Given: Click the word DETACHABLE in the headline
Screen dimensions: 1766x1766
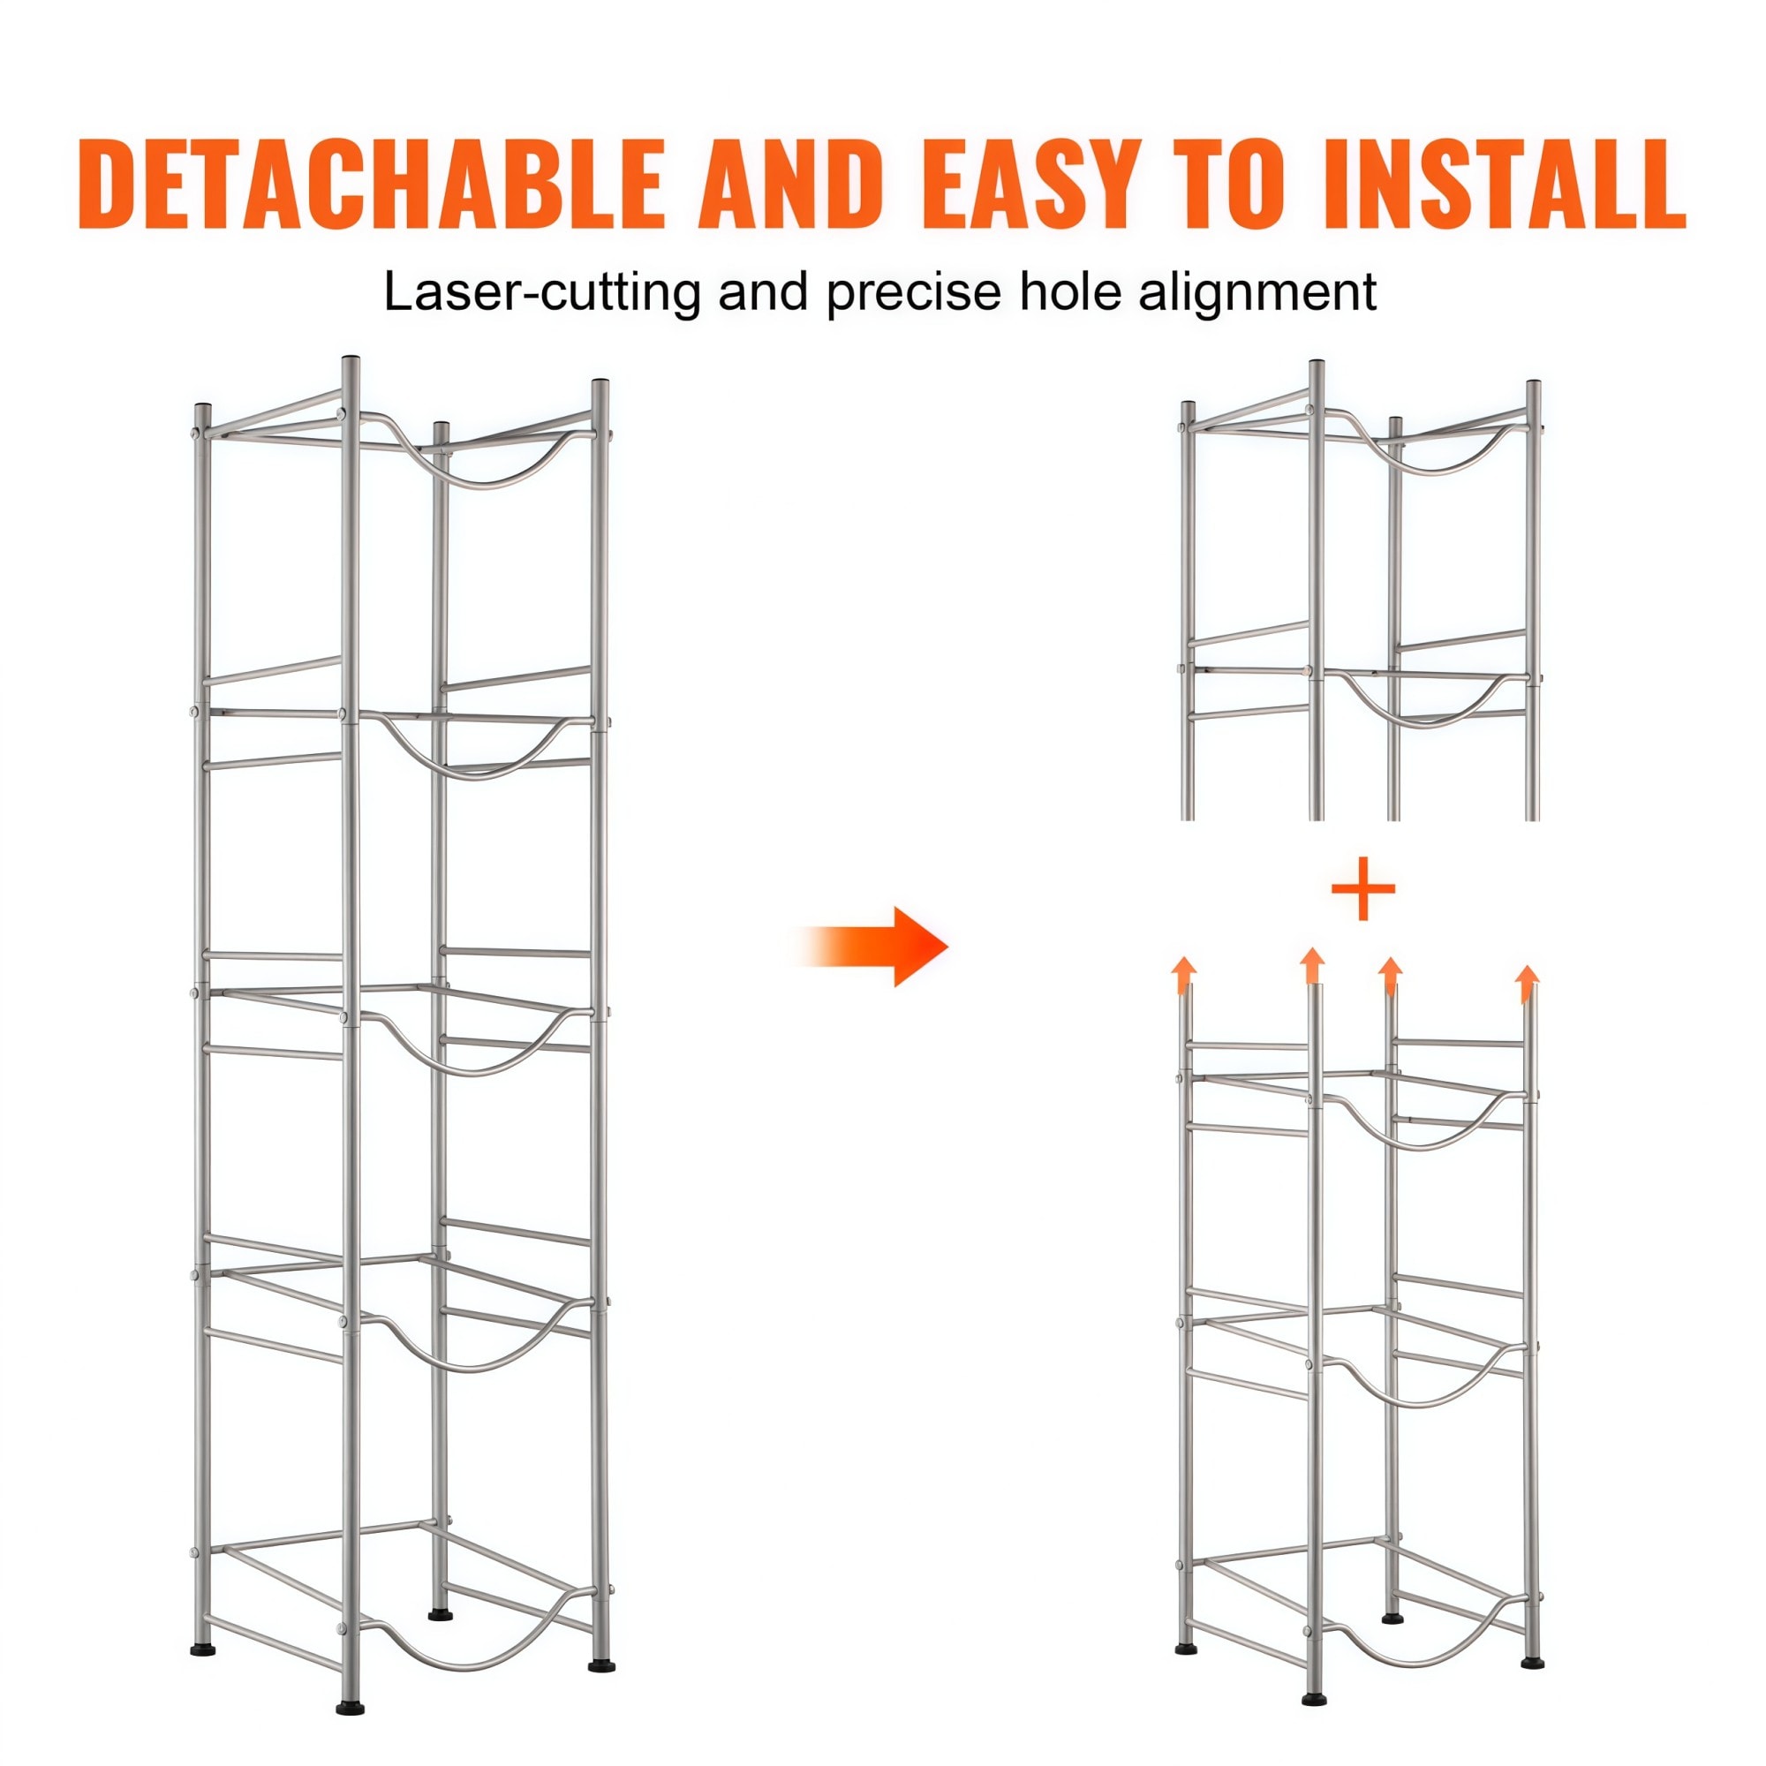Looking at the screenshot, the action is click(x=371, y=184).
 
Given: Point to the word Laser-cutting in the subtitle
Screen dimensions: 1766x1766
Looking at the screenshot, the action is click(x=542, y=292).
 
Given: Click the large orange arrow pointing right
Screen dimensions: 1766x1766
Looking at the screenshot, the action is click(x=873, y=946).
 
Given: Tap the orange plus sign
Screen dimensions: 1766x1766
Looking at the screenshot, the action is click(x=1362, y=888).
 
